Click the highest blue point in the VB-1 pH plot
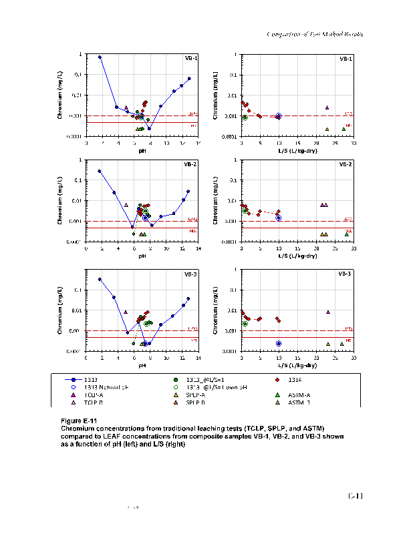[x=100, y=57]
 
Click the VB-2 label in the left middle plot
[x=190, y=164]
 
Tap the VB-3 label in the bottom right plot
[x=346, y=274]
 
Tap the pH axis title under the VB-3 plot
[x=142, y=366]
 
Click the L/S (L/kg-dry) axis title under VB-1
[x=297, y=151]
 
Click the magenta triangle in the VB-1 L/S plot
[x=327, y=107]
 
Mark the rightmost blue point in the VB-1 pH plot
[x=189, y=79]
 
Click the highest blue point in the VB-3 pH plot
[x=100, y=279]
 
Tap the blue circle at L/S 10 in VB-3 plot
[x=279, y=343]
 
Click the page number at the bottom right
[x=354, y=496]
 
